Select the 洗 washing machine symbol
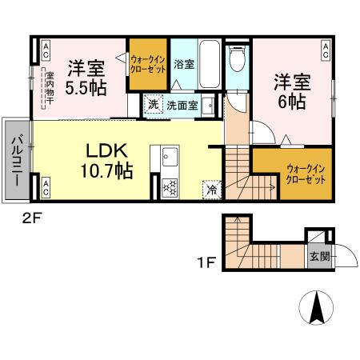coord(153,104)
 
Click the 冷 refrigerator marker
coord(211,190)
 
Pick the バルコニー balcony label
coord(16,158)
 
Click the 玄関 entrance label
coord(318,257)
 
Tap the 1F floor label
coord(207,261)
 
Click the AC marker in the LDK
coord(46,188)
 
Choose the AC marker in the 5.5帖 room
coord(46,50)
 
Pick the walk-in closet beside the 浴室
coord(149,65)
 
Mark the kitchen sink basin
coord(169,157)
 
